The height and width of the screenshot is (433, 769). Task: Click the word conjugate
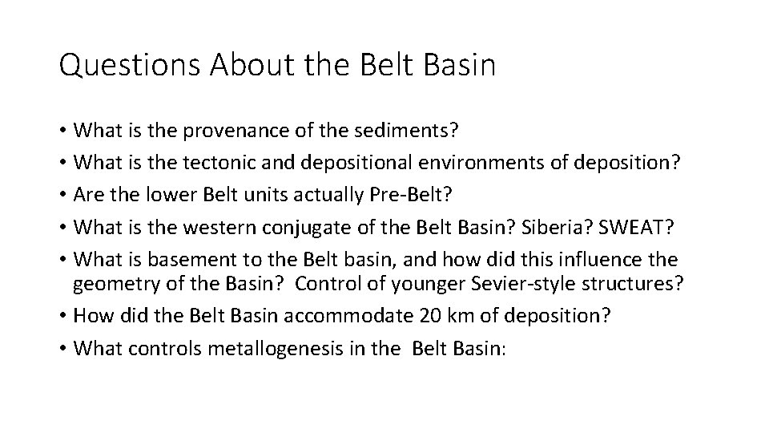point(294,228)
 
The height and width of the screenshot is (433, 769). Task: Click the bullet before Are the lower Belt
point(62,196)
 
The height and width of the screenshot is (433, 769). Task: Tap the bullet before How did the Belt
point(62,317)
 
